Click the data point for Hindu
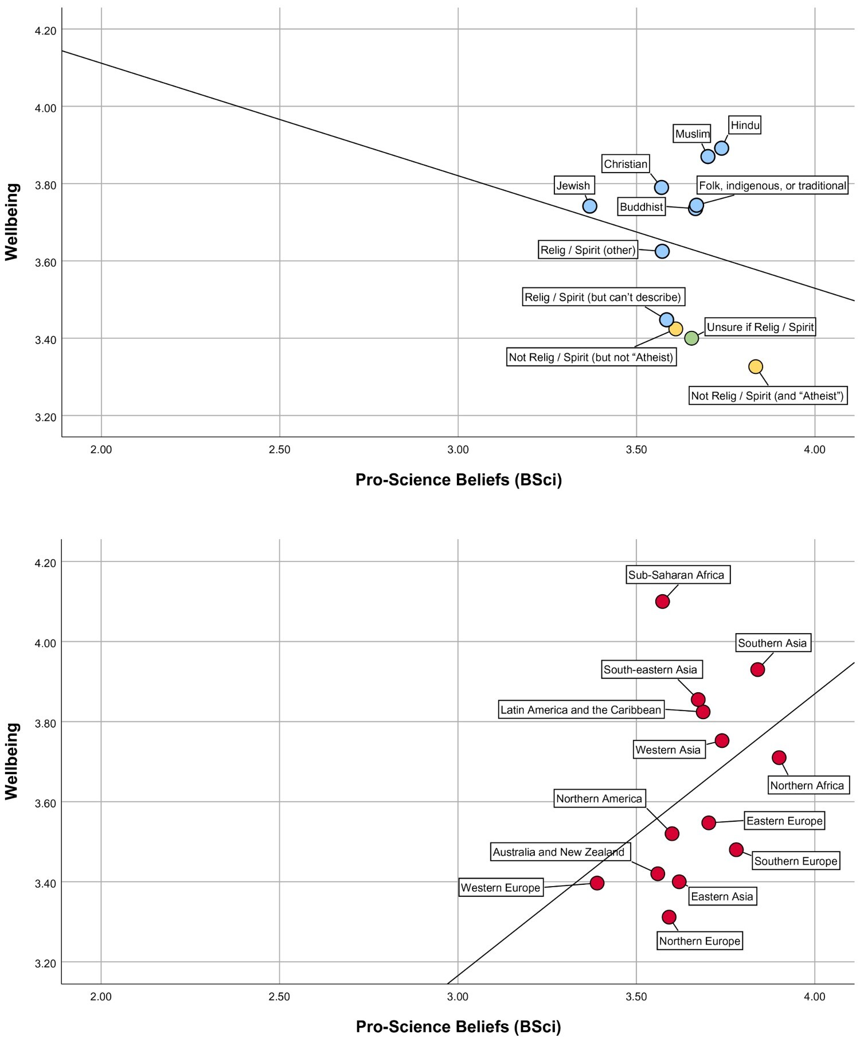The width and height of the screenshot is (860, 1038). [x=722, y=148]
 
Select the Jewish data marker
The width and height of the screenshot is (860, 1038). [x=589, y=206]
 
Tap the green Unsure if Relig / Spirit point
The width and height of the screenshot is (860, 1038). [x=691, y=338]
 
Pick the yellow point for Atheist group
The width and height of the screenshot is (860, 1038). [x=756, y=366]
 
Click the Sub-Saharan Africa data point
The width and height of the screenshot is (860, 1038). [x=662, y=601]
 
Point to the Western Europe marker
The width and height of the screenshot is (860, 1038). [x=597, y=883]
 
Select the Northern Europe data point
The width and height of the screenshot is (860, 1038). [x=669, y=917]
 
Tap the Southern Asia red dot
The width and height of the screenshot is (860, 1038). [x=757, y=669]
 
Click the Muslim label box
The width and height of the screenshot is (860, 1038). [x=693, y=134]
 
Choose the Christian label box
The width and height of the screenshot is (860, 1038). [x=626, y=164]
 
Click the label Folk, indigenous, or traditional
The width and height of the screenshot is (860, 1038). [x=772, y=186]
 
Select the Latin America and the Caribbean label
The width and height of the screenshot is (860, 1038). [x=581, y=710]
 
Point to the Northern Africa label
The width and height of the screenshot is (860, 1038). [x=807, y=785]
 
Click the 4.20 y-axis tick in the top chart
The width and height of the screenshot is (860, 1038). [x=46, y=30]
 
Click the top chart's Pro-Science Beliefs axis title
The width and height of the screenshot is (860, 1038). [x=459, y=479]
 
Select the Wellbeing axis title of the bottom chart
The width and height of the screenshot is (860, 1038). [x=12, y=761]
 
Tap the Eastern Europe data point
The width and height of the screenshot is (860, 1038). [x=709, y=822]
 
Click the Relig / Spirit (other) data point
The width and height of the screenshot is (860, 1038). [x=662, y=251]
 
